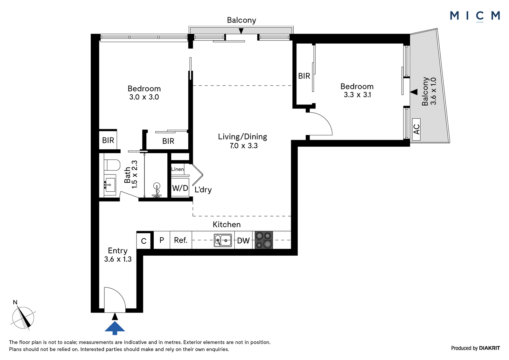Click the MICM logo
pyautogui.click(x=475, y=16)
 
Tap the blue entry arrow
pyautogui.click(x=115, y=328)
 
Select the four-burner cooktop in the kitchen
pyautogui.click(x=264, y=240)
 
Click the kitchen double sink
pyautogui.click(x=223, y=240)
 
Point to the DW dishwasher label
pyautogui.click(x=243, y=241)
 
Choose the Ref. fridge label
pyautogui.click(x=181, y=240)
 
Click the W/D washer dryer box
pyautogui.click(x=180, y=188)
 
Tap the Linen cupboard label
pyautogui.click(x=178, y=169)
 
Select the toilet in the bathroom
pyautogui.click(x=112, y=165)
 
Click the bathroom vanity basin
pyautogui.click(x=110, y=185)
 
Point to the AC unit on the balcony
pyautogui.click(x=416, y=129)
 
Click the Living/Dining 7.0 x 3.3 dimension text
pyautogui.click(x=244, y=145)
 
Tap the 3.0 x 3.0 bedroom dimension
pyautogui.click(x=144, y=97)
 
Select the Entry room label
pyautogui.click(x=117, y=251)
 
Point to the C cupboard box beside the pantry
pyautogui.click(x=143, y=241)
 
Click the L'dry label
pyautogui.click(x=203, y=190)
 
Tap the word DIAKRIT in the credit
pyautogui.click(x=489, y=348)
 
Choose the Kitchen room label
pyautogui.click(x=227, y=224)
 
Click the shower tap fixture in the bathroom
pyautogui.click(x=157, y=190)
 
